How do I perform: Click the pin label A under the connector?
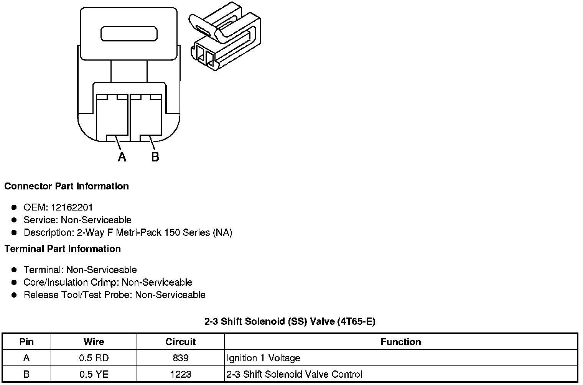coord(122,156)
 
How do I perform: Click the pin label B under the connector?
coord(155,156)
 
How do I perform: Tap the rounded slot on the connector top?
coord(129,34)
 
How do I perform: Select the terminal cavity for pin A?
coord(112,117)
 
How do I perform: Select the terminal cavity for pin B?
coord(146,117)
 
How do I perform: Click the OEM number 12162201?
coord(72,207)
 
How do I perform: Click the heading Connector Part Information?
coord(66,186)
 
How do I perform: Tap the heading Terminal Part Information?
coord(63,249)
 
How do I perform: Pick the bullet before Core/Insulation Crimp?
coord(14,283)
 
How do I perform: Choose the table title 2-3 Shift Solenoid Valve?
coord(290,321)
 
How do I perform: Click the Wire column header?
coord(94,342)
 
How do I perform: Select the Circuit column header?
coord(180,342)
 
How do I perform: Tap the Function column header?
coord(401,342)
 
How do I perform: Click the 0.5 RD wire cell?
coord(94,358)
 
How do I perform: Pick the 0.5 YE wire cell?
coord(94,374)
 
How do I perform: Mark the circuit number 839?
coord(180,358)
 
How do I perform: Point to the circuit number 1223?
coord(180,374)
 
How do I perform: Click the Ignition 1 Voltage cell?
coord(264,358)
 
